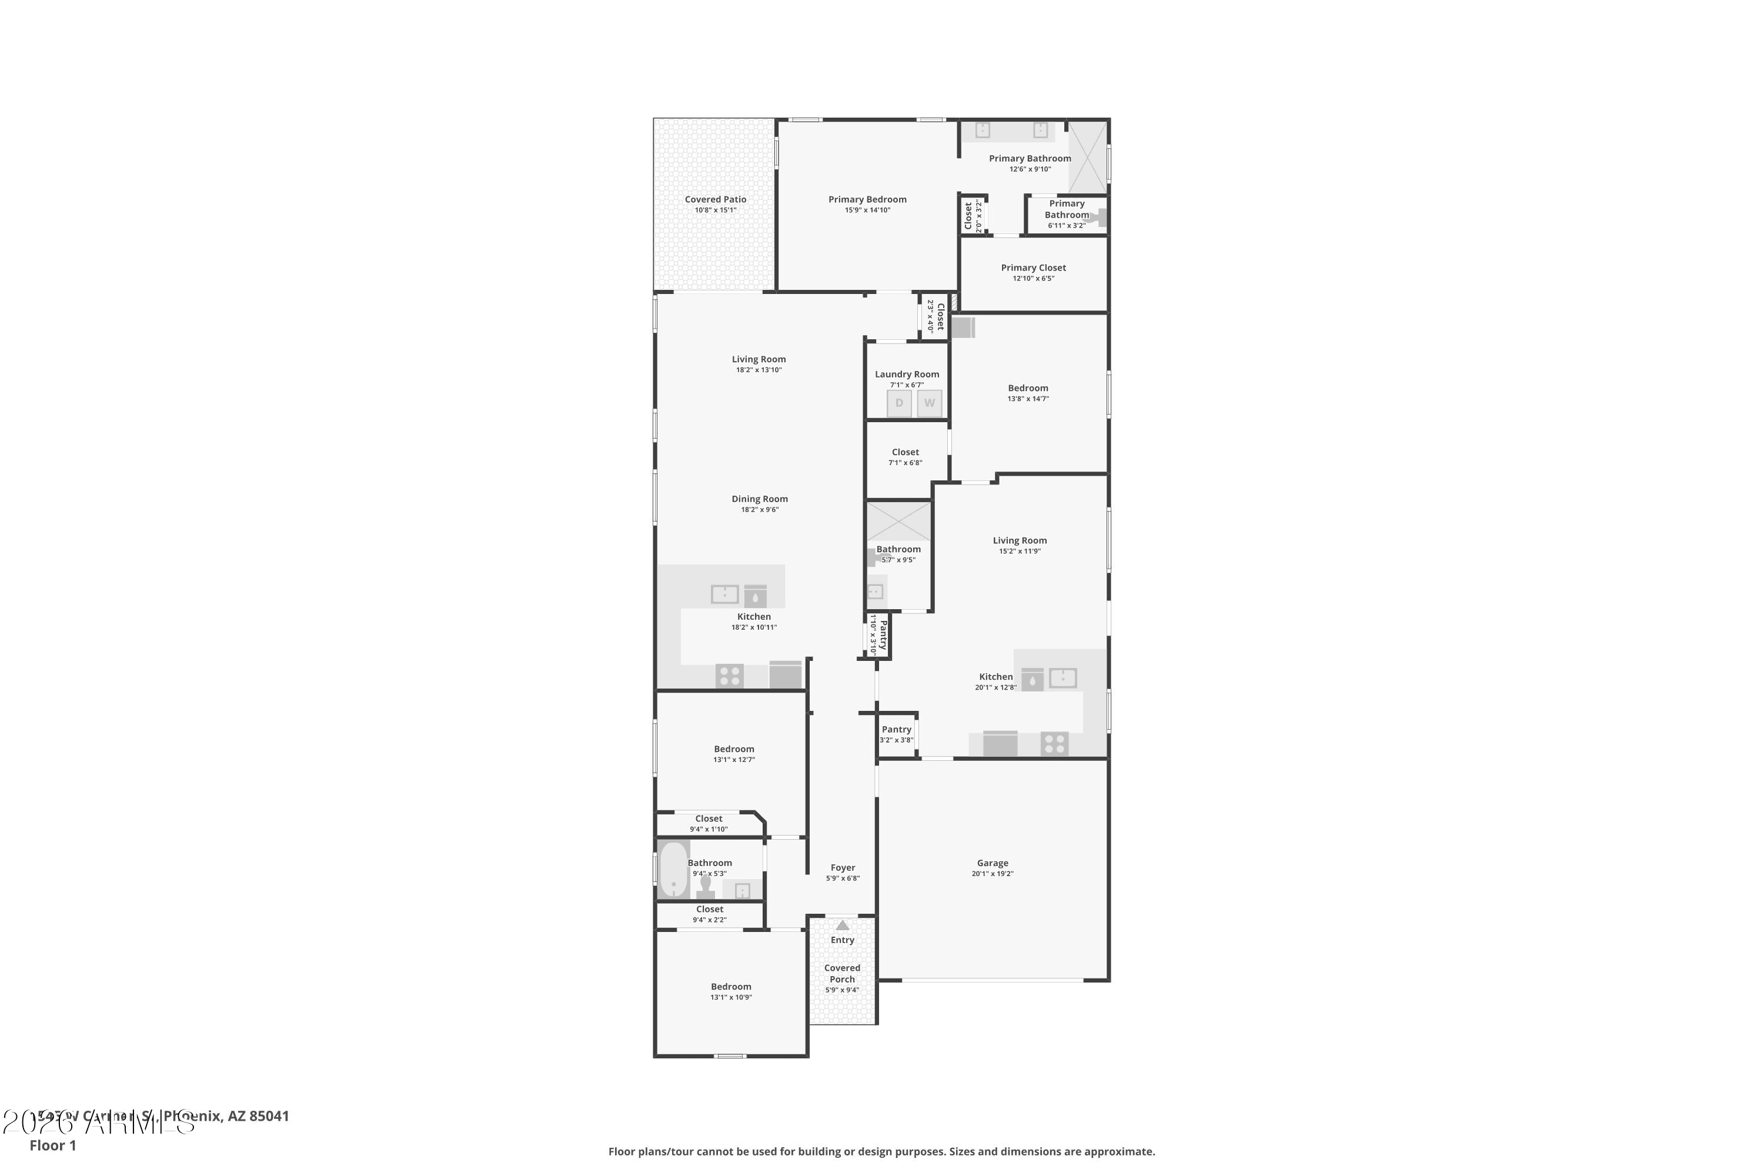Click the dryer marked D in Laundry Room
(x=899, y=403)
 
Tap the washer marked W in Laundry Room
(x=929, y=403)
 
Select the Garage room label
(x=993, y=863)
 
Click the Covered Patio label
(x=715, y=199)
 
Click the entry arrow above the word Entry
(x=842, y=926)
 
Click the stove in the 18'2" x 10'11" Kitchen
(x=729, y=676)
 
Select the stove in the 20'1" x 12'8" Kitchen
(x=1054, y=744)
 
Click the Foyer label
(x=842, y=868)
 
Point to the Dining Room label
(x=759, y=499)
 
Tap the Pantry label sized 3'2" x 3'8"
(x=896, y=729)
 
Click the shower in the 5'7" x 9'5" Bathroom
(x=898, y=521)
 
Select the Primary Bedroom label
(x=867, y=199)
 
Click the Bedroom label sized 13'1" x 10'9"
(x=730, y=987)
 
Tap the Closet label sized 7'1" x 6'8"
(x=906, y=452)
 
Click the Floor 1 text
(x=52, y=1145)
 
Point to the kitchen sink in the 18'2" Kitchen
(x=724, y=594)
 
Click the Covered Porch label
(x=842, y=974)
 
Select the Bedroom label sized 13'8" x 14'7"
(x=1027, y=389)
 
